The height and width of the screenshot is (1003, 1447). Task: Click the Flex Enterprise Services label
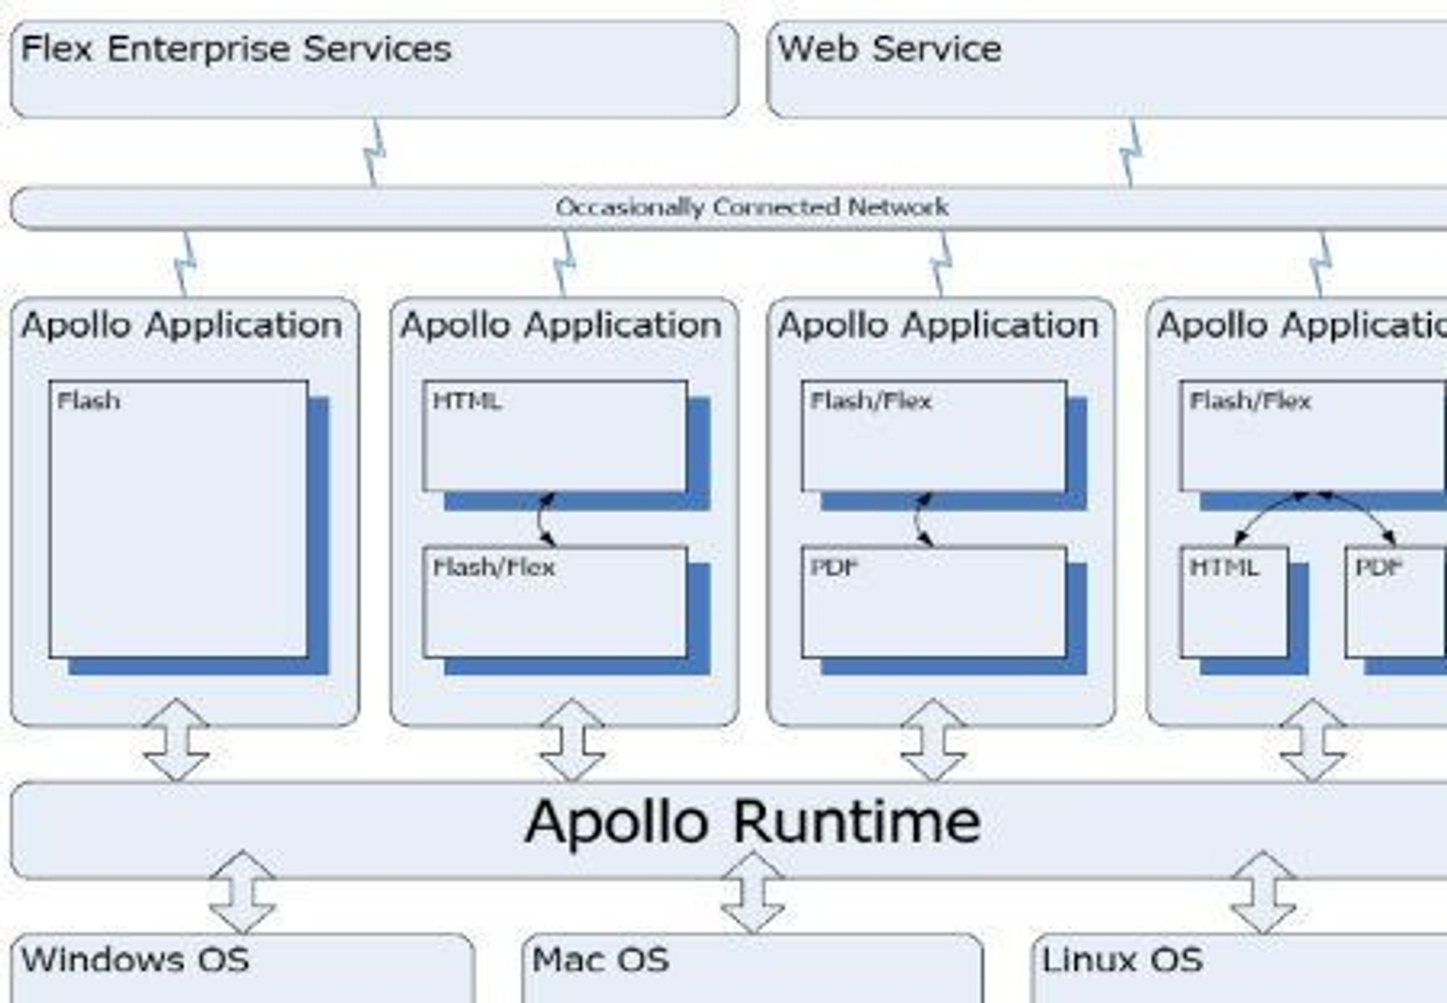coord(236,49)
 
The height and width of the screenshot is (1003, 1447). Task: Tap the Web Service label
coord(889,49)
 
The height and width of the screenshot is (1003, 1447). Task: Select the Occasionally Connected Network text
coord(752,208)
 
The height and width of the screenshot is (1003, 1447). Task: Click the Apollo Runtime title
coord(752,821)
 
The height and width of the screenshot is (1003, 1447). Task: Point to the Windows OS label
coord(135,960)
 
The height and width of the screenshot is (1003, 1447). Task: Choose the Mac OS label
coord(601,960)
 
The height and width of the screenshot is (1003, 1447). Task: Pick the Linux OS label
coord(1122,960)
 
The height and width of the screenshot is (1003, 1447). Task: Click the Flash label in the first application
coord(89,401)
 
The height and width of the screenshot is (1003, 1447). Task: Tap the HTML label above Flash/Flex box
coord(467,401)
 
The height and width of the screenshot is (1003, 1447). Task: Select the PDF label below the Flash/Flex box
coord(834,567)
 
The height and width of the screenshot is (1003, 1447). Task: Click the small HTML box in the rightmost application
coord(1234,602)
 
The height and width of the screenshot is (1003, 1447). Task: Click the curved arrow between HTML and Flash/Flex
coord(540,519)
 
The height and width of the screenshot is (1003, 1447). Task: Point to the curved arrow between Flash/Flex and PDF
coord(917,519)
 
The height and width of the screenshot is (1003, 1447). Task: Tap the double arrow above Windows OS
coord(242,892)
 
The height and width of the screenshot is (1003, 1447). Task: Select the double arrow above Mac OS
coord(752,892)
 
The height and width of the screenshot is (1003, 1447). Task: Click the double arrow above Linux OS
coord(1263,892)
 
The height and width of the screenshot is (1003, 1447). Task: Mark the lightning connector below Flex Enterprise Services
coord(374,153)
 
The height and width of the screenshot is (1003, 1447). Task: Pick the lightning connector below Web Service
coord(1132,153)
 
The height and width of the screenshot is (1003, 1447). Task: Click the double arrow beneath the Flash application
coord(177,740)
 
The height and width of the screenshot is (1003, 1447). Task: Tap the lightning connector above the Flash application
coord(185,264)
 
